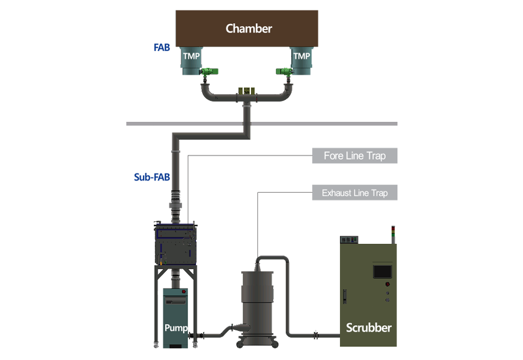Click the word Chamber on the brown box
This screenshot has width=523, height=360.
point(248,28)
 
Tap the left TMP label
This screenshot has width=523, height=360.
point(191,56)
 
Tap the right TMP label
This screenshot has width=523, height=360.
point(302,56)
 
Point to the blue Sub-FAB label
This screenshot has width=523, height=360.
point(152,177)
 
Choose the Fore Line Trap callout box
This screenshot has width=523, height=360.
point(354,156)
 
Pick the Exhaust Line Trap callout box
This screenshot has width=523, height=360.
point(354,193)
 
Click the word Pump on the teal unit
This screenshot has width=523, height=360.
point(175,328)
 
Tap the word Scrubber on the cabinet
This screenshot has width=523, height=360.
point(368,327)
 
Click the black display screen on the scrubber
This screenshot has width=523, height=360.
point(382,271)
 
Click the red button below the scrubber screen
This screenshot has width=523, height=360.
point(388,285)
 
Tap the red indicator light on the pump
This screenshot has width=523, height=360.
point(184,291)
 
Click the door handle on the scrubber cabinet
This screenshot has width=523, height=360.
point(345,296)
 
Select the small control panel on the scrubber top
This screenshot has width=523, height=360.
point(350,239)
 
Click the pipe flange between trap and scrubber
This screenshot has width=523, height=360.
point(316,334)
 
